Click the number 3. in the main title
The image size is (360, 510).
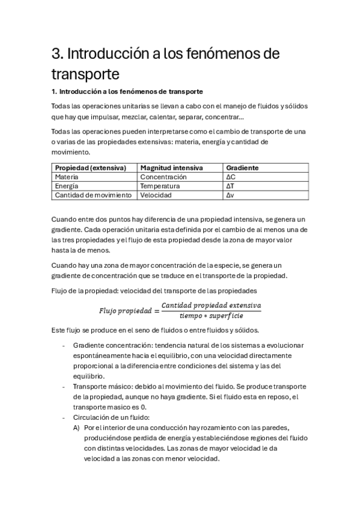click(58, 55)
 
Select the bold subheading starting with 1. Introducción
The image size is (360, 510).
click(127, 91)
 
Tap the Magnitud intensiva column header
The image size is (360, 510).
click(171, 168)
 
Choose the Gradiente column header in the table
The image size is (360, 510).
click(242, 168)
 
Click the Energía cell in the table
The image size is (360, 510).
click(67, 186)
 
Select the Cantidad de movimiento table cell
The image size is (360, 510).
click(93, 195)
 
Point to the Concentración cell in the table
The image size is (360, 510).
click(163, 177)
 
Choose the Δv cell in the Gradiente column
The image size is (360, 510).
click(230, 195)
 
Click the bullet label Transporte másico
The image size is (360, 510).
click(102, 386)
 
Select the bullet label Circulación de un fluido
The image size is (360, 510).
click(108, 417)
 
